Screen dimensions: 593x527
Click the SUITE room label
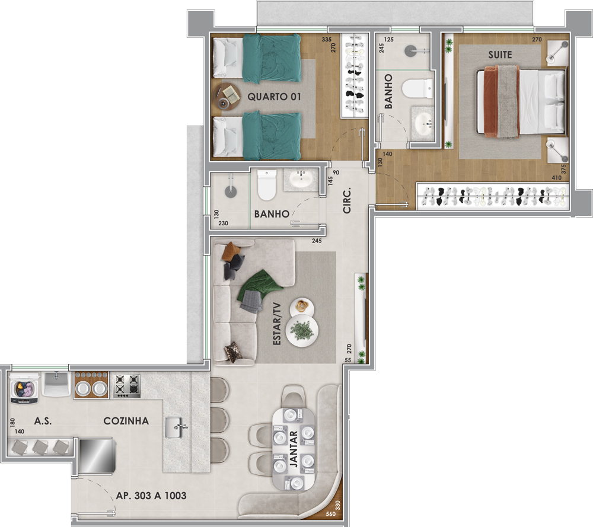500,55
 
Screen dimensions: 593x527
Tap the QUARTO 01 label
274,97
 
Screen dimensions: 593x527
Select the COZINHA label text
126,421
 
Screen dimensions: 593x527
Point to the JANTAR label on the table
294,449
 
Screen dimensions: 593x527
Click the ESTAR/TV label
277,323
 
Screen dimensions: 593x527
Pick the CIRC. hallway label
347,200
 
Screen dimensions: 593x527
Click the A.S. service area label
43,421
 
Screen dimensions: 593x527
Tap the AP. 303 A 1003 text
151,496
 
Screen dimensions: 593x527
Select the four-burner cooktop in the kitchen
127,385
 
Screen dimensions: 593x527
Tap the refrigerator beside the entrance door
96,455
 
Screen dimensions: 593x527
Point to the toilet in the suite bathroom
417,89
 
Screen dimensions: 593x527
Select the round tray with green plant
302,330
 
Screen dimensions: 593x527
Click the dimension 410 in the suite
556,178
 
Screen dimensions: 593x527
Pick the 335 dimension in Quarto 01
327,39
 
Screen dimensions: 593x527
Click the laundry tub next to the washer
56,384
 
